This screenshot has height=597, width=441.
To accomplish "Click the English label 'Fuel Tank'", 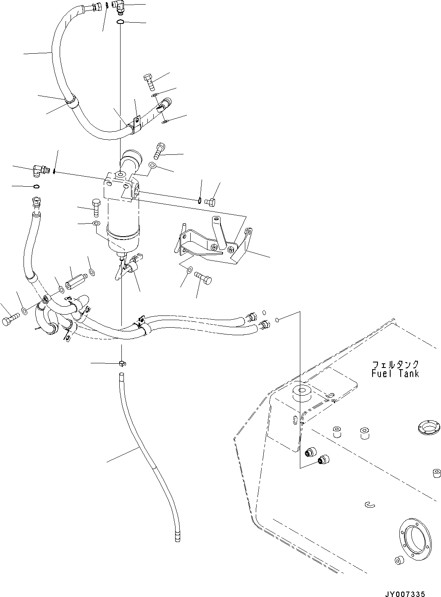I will point(395,373).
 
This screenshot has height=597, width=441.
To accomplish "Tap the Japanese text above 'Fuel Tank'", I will point(395,364).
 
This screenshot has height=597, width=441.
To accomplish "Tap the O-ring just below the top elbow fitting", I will point(120,22).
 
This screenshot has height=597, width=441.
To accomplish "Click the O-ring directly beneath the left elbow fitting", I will point(37,186).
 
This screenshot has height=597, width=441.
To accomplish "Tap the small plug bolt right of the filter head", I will point(210,202).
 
